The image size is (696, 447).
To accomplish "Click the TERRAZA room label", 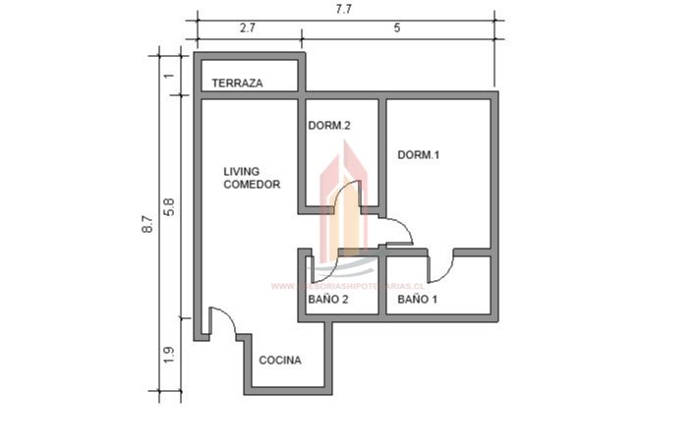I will pos(237,84).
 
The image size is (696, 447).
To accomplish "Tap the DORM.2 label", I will pos(329,126).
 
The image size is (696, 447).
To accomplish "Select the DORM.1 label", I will pos(418,155).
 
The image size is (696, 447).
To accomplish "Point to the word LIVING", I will pos(241,171).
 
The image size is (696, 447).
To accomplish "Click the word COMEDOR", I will pos(252,185).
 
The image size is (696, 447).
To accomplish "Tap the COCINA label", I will pos(280,361).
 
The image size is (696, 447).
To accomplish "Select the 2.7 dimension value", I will pos(248,28).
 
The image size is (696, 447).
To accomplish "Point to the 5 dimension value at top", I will pos(397,28).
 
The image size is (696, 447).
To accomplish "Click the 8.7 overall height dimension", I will pos(147,224).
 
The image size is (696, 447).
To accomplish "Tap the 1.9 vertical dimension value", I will pos(169,354).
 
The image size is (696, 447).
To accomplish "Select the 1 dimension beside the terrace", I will pos(169,76).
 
